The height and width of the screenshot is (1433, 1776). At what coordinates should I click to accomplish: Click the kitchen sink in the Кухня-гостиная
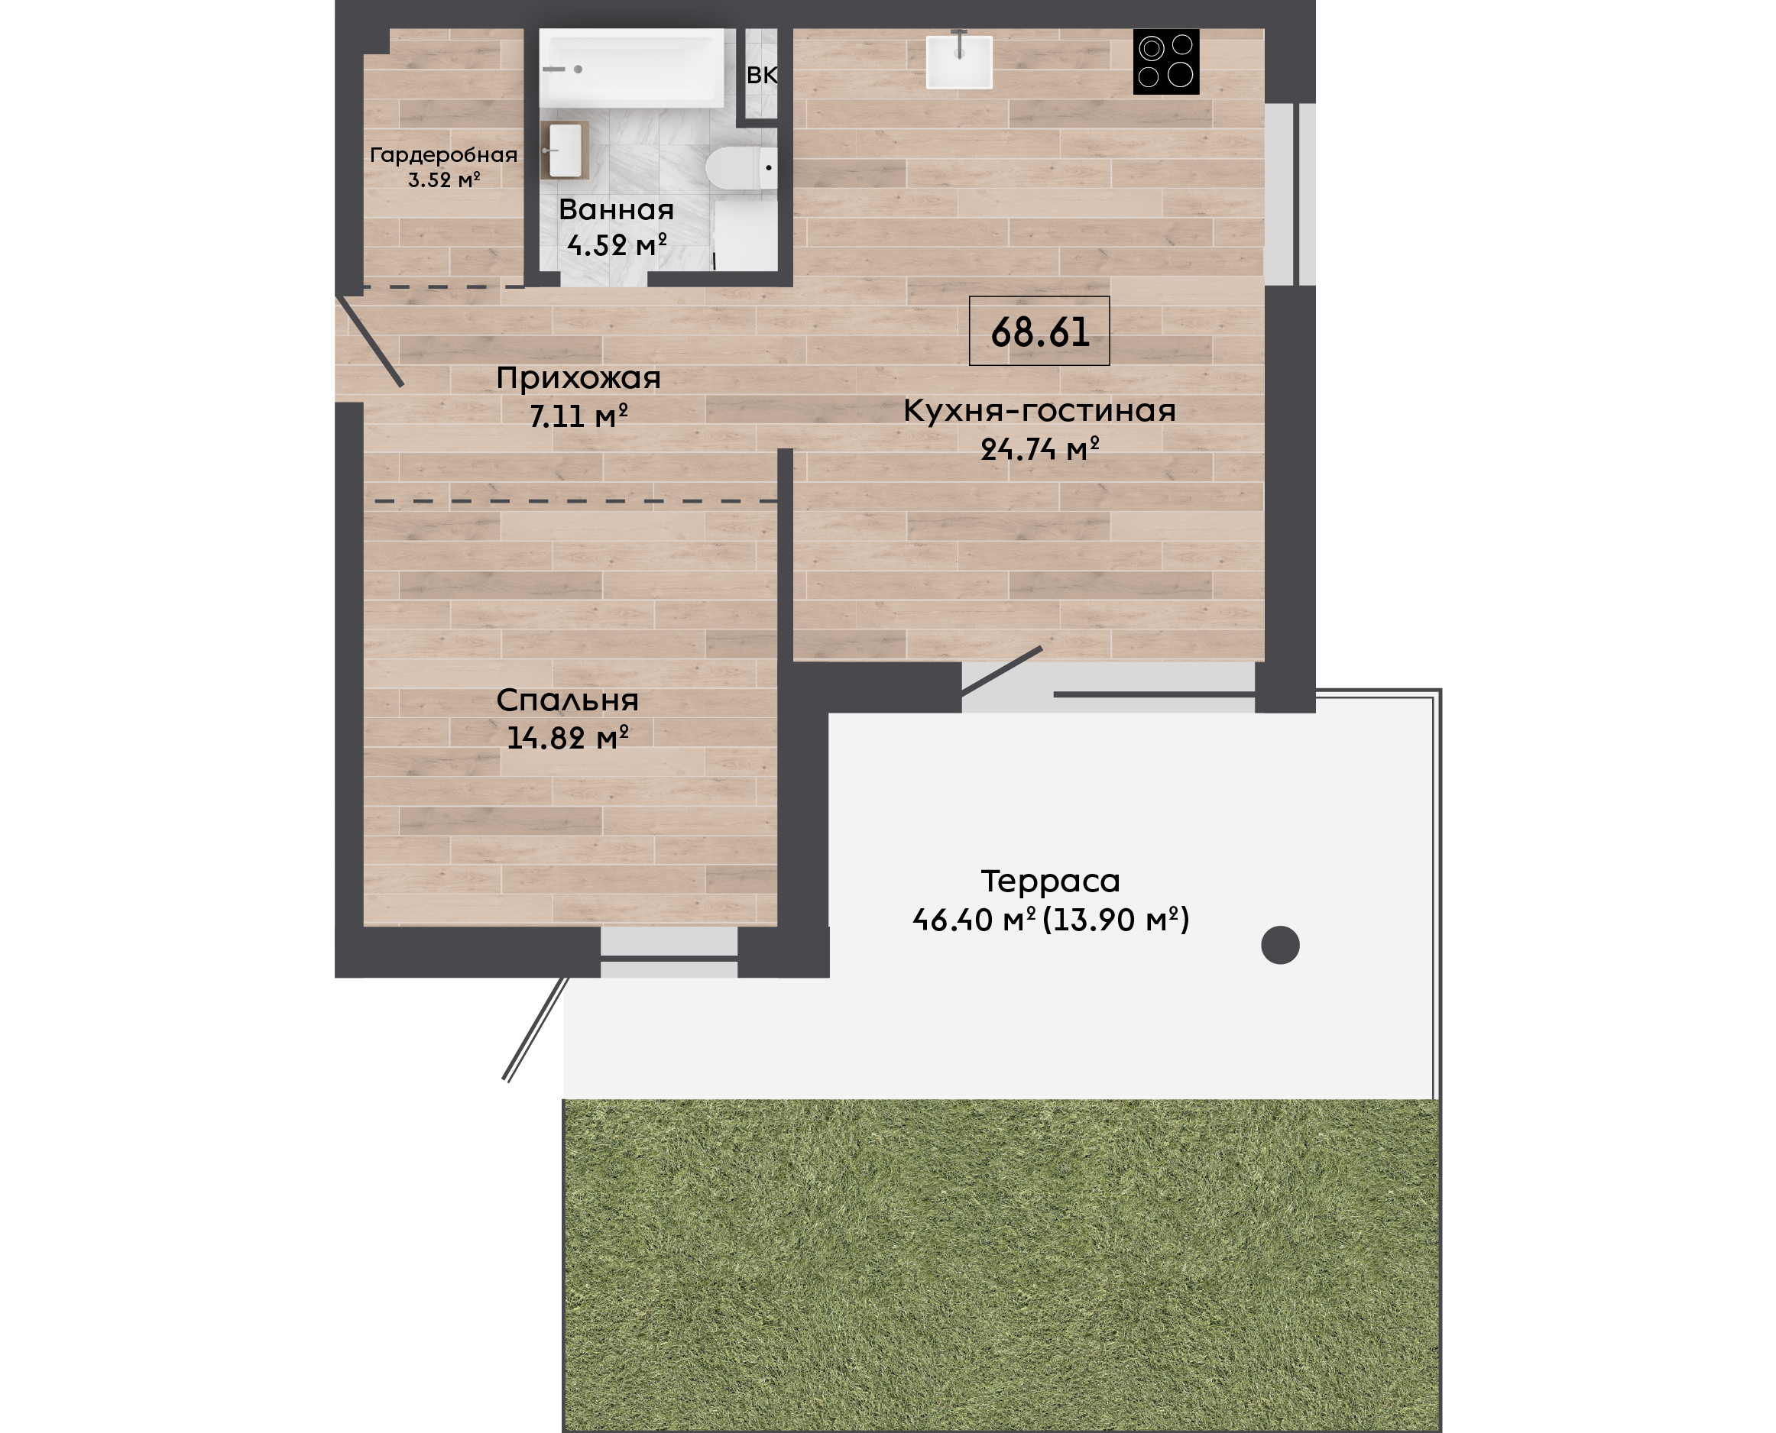pos(958,61)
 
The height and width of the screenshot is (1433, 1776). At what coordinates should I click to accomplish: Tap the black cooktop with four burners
pos(1166,62)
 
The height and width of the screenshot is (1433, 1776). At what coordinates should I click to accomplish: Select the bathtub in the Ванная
pos(632,68)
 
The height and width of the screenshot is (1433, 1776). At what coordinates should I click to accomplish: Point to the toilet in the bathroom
pos(741,167)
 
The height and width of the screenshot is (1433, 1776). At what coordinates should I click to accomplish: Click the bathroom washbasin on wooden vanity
pos(565,150)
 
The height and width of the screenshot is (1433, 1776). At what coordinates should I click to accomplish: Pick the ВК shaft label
pos(762,75)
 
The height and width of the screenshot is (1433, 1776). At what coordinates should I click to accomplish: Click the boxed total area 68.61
pos(1039,331)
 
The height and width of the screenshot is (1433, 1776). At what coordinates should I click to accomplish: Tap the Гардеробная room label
pos(444,154)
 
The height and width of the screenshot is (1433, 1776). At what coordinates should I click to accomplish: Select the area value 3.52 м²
pos(444,179)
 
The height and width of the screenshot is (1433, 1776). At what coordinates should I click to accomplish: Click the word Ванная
pos(617,209)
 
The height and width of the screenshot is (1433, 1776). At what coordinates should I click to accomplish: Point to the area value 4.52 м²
pos(617,245)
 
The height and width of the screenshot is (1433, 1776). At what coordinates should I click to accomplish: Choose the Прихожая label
pos(578,378)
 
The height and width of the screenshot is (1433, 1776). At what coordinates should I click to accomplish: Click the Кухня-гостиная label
pos(1039,410)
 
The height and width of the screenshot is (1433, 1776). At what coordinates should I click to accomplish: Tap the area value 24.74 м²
pos(1039,449)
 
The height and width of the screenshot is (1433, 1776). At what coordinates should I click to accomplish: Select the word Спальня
pos(568,700)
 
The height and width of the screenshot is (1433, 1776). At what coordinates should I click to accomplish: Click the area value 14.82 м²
pos(568,737)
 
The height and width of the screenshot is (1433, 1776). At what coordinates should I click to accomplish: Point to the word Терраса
pos(1050,881)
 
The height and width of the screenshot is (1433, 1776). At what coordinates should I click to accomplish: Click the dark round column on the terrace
pos(1281,945)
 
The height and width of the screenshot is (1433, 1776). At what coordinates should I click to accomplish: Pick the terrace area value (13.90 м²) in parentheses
pos(1116,920)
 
